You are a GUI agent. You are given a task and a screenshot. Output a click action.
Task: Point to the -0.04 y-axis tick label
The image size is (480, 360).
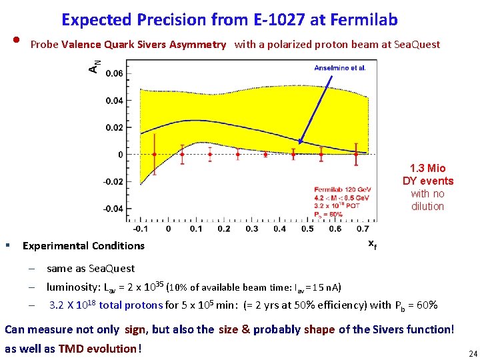click(x=112, y=209)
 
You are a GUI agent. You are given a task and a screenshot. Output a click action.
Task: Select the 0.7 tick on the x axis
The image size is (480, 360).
click(x=363, y=229)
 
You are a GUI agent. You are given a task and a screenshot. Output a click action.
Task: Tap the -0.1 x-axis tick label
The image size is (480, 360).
click(x=141, y=229)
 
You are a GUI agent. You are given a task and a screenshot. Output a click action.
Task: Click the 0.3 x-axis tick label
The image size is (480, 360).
click(x=252, y=229)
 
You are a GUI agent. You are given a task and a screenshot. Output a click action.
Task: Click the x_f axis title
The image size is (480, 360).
click(x=372, y=244)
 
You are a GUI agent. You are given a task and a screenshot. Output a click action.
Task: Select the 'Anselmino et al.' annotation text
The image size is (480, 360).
click(x=340, y=67)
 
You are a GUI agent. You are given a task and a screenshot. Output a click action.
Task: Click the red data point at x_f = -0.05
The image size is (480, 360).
click(x=155, y=154)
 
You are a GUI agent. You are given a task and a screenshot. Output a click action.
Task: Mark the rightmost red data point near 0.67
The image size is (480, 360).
click(x=356, y=154)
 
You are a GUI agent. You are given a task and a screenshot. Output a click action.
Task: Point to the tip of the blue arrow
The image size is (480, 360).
click(x=299, y=143)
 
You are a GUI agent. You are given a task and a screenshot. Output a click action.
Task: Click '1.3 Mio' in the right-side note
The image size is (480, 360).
click(x=427, y=168)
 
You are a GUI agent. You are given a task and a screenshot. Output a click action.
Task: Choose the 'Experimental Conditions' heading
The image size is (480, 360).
click(x=83, y=245)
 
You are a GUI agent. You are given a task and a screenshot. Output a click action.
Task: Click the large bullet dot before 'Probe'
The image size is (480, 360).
click(x=15, y=43)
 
